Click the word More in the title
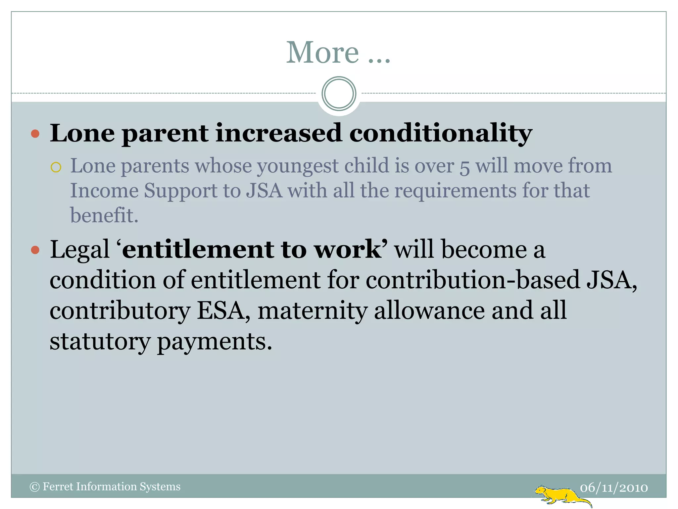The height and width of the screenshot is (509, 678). point(322,53)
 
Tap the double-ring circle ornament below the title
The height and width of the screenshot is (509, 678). point(339,94)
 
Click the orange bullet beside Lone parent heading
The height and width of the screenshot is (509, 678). point(35,134)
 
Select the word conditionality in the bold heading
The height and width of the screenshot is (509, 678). point(441,134)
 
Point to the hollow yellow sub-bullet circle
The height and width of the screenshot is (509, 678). point(56,167)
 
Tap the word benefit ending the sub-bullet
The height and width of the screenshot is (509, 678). point(104,215)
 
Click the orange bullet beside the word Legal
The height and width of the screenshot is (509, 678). point(35,250)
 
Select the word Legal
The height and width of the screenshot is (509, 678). point(79,249)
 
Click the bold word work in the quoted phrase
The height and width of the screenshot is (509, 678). point(348,249)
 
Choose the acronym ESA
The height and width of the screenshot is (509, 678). point(220,311)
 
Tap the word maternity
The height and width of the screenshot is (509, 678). point(313,311)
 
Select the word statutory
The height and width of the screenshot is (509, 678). point(100,342)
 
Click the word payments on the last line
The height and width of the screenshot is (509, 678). point(214,342)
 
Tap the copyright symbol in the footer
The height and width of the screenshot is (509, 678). point(34,487)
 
